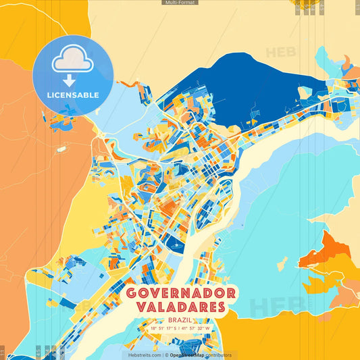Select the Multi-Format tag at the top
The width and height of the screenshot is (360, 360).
click(180, 3)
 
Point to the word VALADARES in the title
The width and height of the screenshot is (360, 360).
click(180, 307)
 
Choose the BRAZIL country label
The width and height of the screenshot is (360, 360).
click(180, 319)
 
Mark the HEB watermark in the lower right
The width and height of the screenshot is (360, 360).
click(270, 307)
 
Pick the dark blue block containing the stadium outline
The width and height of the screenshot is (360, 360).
click(174, 245)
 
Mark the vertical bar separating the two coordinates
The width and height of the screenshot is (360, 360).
click(180, 328)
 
